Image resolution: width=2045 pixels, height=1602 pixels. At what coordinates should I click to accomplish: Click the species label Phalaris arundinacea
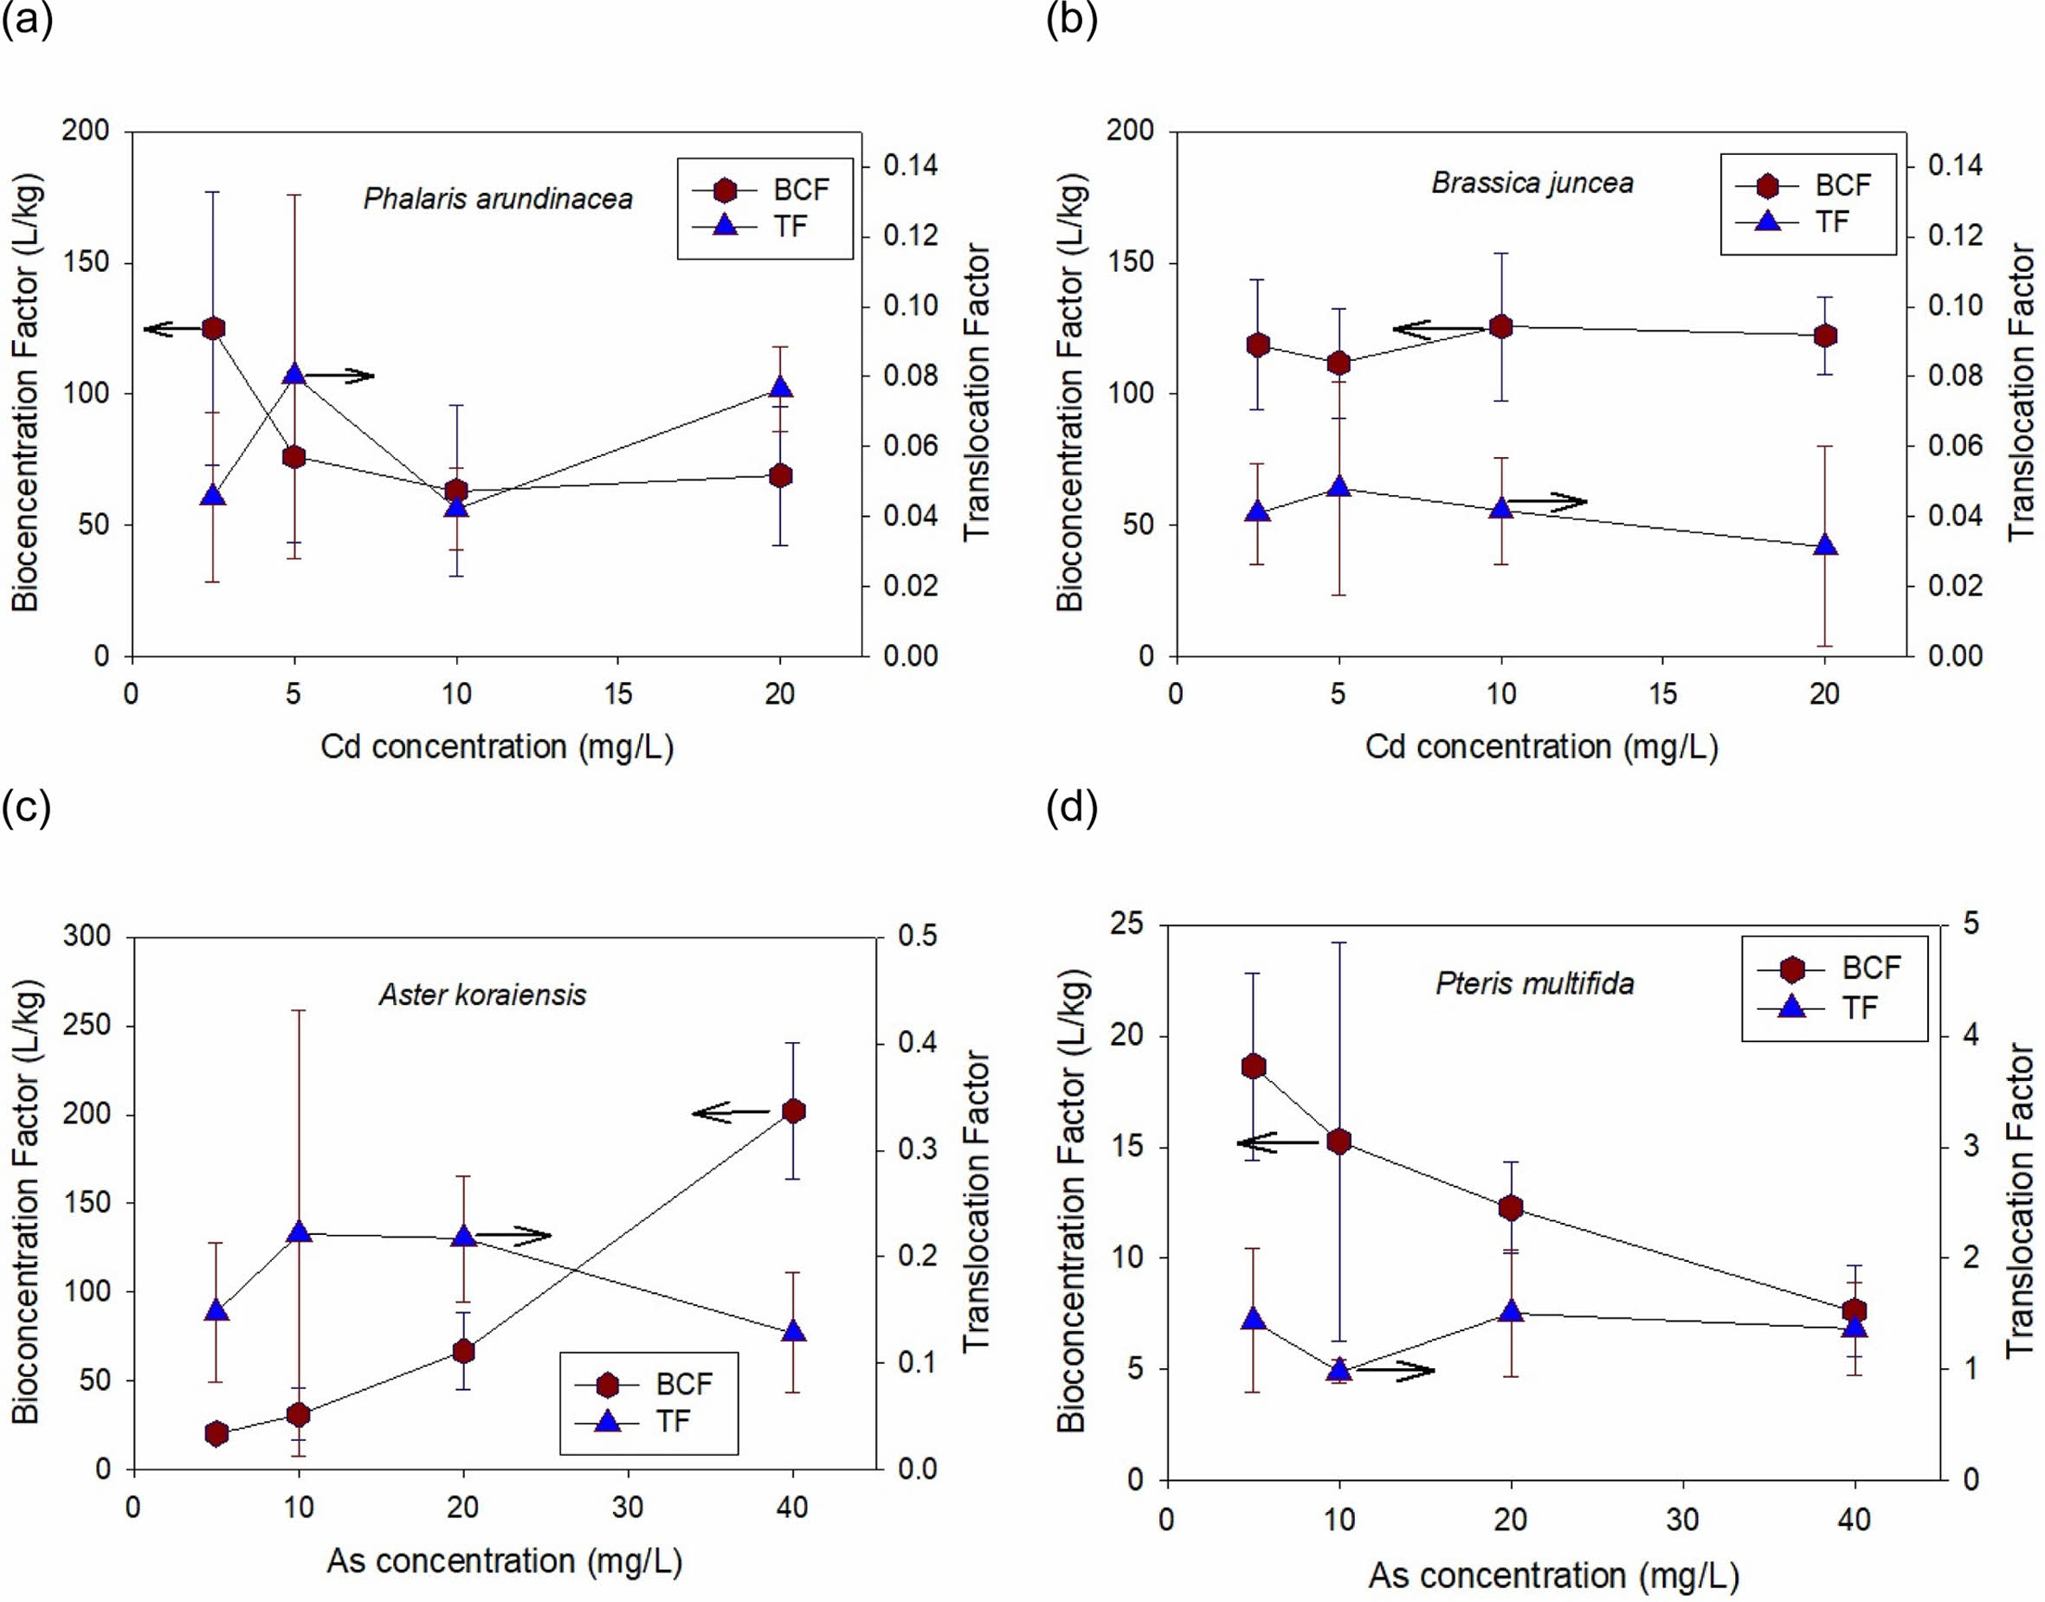pyautogui.click(x=498, y=199)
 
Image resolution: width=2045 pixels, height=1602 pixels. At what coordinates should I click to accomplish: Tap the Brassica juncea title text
pyautogui.click(x=1532, y=182)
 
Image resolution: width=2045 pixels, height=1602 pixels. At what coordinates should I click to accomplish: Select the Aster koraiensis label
pyautogui.click(x=482, y=994)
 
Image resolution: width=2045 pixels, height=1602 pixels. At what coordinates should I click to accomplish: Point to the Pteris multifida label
pyautogui.click(x=1535, y=983)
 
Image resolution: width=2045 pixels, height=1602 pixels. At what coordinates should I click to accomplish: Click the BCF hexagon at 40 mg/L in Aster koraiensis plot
pyautogui.click(x=794, y=1111)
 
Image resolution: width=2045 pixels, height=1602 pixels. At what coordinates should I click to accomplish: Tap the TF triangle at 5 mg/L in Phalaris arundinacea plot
pyautogui.click(x=294, y=374)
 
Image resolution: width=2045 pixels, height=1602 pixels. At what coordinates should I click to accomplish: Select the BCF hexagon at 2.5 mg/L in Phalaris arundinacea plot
pyautogui.click(x=214, y=328)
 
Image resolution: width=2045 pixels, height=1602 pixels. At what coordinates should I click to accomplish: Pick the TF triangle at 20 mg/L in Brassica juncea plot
pyautogui.click(x=1824, y=545)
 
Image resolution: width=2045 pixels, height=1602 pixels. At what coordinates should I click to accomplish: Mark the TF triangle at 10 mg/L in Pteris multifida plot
pyautogui.click(x=1339, y=1368)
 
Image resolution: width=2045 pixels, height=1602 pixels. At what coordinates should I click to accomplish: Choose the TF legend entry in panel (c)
pyautogui.click(x=648, y=1421)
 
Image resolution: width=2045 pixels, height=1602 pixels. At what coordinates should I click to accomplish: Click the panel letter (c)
pyautogui.click(x=26, y=807)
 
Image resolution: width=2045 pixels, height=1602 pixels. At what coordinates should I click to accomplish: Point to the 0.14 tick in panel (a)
pyautogui.click(x=910, y=166)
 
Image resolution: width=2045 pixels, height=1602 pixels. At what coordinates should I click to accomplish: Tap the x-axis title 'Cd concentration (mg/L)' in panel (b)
pyautogui.click(x=1541, y=747)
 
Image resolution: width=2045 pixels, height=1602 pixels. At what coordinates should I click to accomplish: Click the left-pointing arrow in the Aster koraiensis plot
pyautogui.click(x=730, y=1113)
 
